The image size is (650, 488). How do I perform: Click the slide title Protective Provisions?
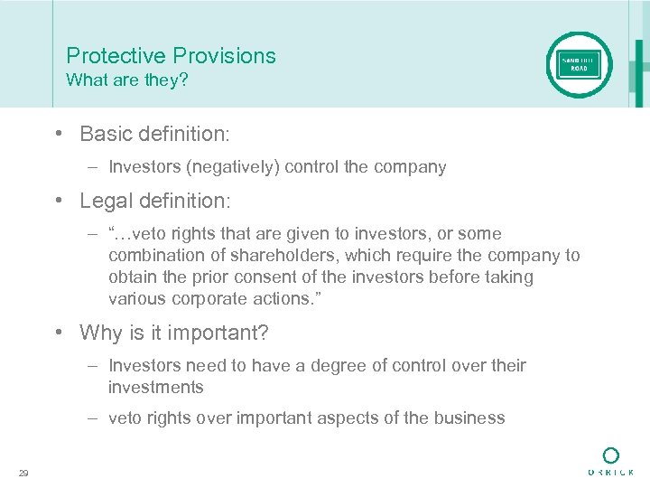point(171,56)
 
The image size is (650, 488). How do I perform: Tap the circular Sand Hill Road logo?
point(579,65)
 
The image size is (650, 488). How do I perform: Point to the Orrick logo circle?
point(611,454)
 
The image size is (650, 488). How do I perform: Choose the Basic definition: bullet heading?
point(154,135)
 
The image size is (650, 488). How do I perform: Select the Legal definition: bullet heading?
point(154,201)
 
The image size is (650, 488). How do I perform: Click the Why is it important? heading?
point(174,333)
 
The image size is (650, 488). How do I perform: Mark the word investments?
point(156,388)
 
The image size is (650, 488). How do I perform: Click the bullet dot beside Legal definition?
point(57,201)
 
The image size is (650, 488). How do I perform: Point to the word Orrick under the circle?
point(611,473)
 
